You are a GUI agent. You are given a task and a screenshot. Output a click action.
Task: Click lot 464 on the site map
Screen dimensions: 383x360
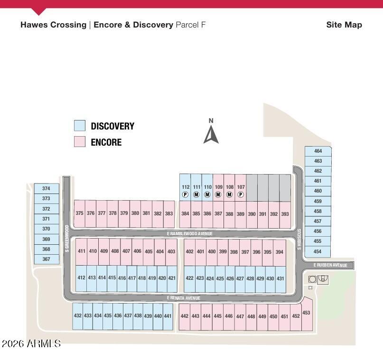click(x=318, y=151)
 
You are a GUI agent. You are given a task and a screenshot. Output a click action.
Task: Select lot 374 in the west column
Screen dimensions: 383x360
click(x=47, y=188)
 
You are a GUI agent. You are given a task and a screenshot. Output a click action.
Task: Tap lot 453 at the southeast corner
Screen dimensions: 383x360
click(x=307, y=314)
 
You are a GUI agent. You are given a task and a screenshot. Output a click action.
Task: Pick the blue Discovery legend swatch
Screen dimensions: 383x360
click(x=80, y=125)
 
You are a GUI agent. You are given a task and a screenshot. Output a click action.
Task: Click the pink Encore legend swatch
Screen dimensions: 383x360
click(x=80, y=141)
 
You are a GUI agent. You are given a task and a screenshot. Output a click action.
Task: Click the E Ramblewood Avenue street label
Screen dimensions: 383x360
click(x=189, y=233)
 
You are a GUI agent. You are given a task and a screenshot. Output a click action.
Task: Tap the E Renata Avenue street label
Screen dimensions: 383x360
click(x=184, y=298)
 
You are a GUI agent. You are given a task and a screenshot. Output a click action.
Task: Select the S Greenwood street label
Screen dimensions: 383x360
click(x=67, y=239)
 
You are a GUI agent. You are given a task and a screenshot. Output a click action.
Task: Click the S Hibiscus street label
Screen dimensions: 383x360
click(x=299, y=239)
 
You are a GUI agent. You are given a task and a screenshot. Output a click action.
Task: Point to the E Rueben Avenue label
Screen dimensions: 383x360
click(x=330, y=265)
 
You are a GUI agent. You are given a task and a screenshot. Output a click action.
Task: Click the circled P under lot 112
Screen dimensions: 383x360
click(x=186, y=194)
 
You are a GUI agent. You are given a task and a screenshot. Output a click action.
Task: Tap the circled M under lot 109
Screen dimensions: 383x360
click(x=218, y=194)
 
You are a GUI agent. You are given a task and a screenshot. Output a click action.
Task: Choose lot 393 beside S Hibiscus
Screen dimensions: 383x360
click(x=285, y=214)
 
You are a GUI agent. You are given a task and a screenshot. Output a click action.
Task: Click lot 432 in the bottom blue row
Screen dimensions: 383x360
click(x=78, y=316)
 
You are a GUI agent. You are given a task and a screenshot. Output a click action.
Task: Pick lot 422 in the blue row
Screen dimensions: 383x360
click(x=189, y=279)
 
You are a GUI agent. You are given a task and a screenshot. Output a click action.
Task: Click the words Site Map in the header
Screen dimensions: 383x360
click(x=344, y=25)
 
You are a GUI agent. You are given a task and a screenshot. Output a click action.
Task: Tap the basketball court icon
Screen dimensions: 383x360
click(x=323, y=279)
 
